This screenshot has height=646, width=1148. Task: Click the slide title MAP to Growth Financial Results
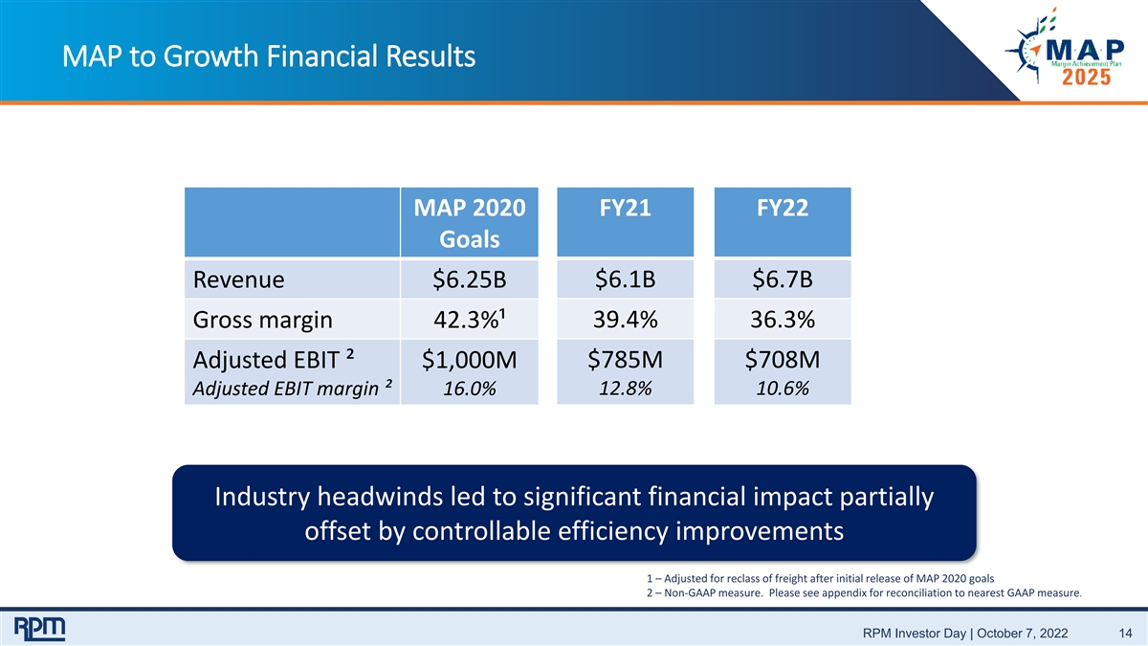269,56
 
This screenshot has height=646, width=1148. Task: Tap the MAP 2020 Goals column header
470,223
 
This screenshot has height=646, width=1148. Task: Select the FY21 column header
626,208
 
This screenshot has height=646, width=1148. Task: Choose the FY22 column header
783,208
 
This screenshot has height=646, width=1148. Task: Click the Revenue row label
238,279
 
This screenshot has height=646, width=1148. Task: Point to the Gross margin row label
262,320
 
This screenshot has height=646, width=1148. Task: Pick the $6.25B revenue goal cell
470,279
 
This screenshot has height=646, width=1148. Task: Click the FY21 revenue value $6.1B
626,279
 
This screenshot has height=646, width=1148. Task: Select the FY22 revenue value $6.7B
783,279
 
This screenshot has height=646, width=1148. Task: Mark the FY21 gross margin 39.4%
626,320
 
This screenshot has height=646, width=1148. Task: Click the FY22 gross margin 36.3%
783,320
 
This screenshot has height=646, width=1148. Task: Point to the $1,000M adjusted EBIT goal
470,360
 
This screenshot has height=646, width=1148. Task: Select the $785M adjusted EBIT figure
626,360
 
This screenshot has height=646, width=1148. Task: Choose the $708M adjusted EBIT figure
783,360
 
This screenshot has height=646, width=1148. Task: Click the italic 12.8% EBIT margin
626,389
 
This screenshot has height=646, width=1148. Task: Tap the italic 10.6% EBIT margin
783,389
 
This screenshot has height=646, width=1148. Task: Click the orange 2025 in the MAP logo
1086,78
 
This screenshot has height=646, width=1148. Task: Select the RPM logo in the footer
39,629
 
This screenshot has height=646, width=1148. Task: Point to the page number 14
1125,634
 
